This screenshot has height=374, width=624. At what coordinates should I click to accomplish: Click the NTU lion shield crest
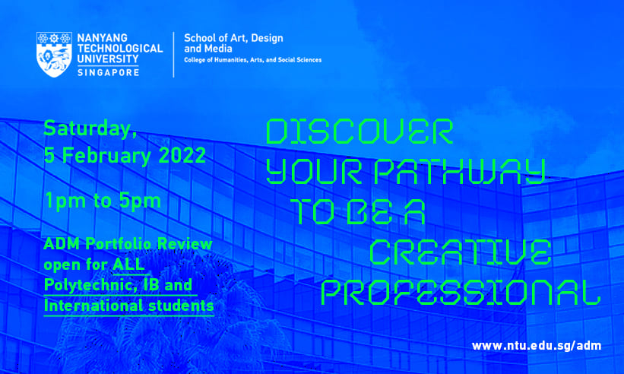click(54, 55)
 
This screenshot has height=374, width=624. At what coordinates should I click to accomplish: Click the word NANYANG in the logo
click(103, 38)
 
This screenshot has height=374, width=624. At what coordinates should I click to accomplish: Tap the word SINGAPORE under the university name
click(108, 72)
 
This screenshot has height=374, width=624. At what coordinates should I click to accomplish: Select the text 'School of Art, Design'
click(233, 39)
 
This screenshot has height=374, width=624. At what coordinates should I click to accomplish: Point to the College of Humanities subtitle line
click(252, 60)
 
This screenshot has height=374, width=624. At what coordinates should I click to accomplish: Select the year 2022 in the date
click(182, 155)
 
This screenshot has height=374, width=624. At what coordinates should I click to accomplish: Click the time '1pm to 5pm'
click(103, 201)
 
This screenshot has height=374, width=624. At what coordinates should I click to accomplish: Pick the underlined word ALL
click(128, 265)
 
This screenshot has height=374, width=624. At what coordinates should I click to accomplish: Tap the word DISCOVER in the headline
click(360, 132)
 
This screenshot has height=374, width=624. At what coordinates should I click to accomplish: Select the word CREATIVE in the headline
click(461, 252)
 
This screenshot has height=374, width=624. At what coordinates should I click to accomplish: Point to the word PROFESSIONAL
click(461, 293)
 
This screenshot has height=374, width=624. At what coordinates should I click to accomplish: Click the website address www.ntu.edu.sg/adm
click(537, 346)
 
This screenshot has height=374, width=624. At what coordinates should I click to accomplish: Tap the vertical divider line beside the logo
click(174, 55)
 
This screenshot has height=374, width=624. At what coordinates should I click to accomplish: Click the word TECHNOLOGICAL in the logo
click(120, 49)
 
